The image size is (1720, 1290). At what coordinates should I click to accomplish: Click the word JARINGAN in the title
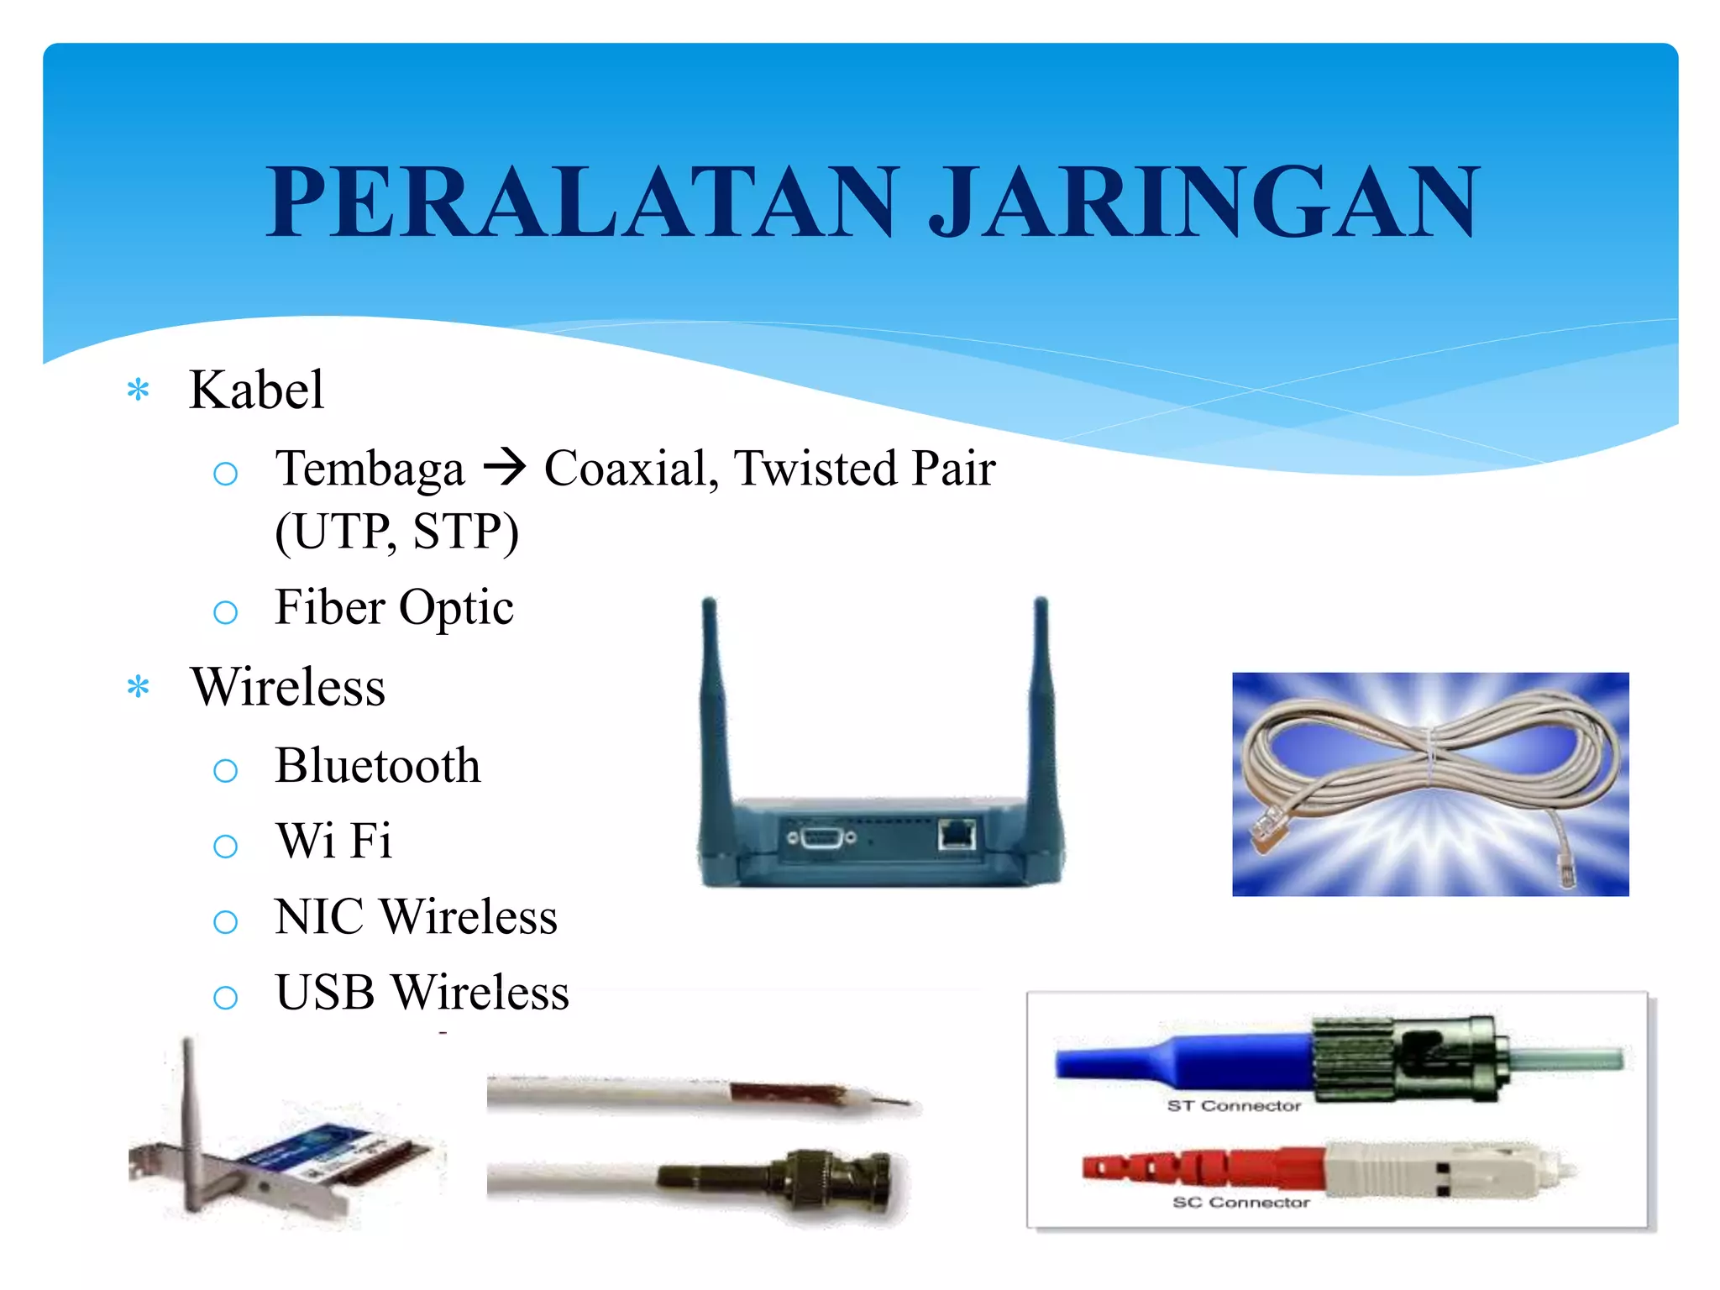1203,202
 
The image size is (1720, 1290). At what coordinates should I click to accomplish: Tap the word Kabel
256,390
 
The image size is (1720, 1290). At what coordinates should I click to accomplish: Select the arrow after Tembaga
504,467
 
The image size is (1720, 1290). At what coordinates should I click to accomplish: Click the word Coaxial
626,468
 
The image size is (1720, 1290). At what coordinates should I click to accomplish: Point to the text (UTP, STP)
396,532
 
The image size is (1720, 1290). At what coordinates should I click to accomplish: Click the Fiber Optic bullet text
394,607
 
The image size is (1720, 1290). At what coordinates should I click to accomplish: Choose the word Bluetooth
378,765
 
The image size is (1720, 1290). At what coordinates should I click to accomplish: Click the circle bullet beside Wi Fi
225,846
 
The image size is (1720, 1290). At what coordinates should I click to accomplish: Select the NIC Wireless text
416,916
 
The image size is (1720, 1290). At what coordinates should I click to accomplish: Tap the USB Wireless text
422,992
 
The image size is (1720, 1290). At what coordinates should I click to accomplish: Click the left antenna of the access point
715,705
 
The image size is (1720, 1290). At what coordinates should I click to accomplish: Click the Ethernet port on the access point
957,836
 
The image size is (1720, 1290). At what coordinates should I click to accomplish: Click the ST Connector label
1233,1106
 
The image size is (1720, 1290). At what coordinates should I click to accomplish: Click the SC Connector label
1240,1203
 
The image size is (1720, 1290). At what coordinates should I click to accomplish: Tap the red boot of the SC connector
1201,1167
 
